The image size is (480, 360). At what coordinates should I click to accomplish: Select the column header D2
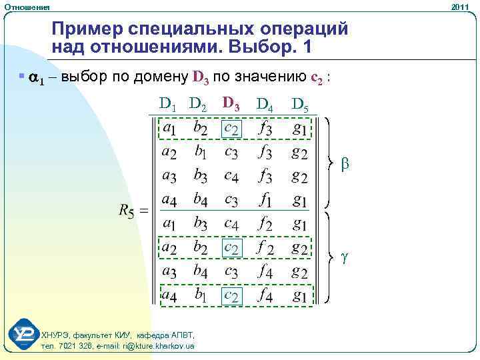(x=201, y=104)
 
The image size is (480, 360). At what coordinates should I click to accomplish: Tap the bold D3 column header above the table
(x=232, y=103)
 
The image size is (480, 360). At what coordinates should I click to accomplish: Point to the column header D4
(x=265, y=104)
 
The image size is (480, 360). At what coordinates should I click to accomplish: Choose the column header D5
(x=299, y=104)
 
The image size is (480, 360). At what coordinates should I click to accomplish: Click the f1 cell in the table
(x=265, y=199)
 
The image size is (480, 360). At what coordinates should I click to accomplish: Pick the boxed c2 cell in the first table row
(x=231, y=128)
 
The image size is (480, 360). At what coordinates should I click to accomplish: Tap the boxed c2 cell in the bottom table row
(x=231, y=295)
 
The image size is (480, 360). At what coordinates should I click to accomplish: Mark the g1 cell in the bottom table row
(x=299, y=295)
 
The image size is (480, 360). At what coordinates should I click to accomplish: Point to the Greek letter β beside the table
(x=345, y=162)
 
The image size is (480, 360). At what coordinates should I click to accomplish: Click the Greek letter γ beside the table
(x=344, y=257)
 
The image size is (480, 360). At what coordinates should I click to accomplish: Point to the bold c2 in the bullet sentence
(x=318, y=77)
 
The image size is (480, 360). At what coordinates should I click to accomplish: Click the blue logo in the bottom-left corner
(x=23, y=335)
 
